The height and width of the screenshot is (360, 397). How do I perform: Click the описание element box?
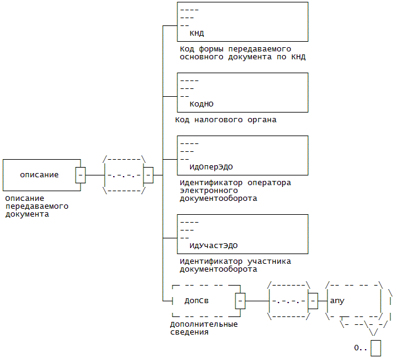click(39, 175)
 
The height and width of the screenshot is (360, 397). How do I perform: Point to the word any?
click(337, 301)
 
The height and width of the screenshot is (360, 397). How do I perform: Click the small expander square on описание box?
click(80, 175)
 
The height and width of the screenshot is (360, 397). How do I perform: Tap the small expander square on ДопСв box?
click(240, 300)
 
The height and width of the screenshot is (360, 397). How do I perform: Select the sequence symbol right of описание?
click(125, 175)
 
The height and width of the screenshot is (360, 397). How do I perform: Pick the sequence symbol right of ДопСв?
click(289, 300)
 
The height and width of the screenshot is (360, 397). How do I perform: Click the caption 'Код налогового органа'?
click(226, 120)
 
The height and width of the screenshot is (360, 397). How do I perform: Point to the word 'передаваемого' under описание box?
click(36, 206)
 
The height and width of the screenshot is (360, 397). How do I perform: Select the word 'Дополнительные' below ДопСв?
click(203, 324)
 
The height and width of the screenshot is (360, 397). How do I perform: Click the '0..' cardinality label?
click(361, 348)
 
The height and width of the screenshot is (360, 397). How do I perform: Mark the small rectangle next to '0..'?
click(376, 349)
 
